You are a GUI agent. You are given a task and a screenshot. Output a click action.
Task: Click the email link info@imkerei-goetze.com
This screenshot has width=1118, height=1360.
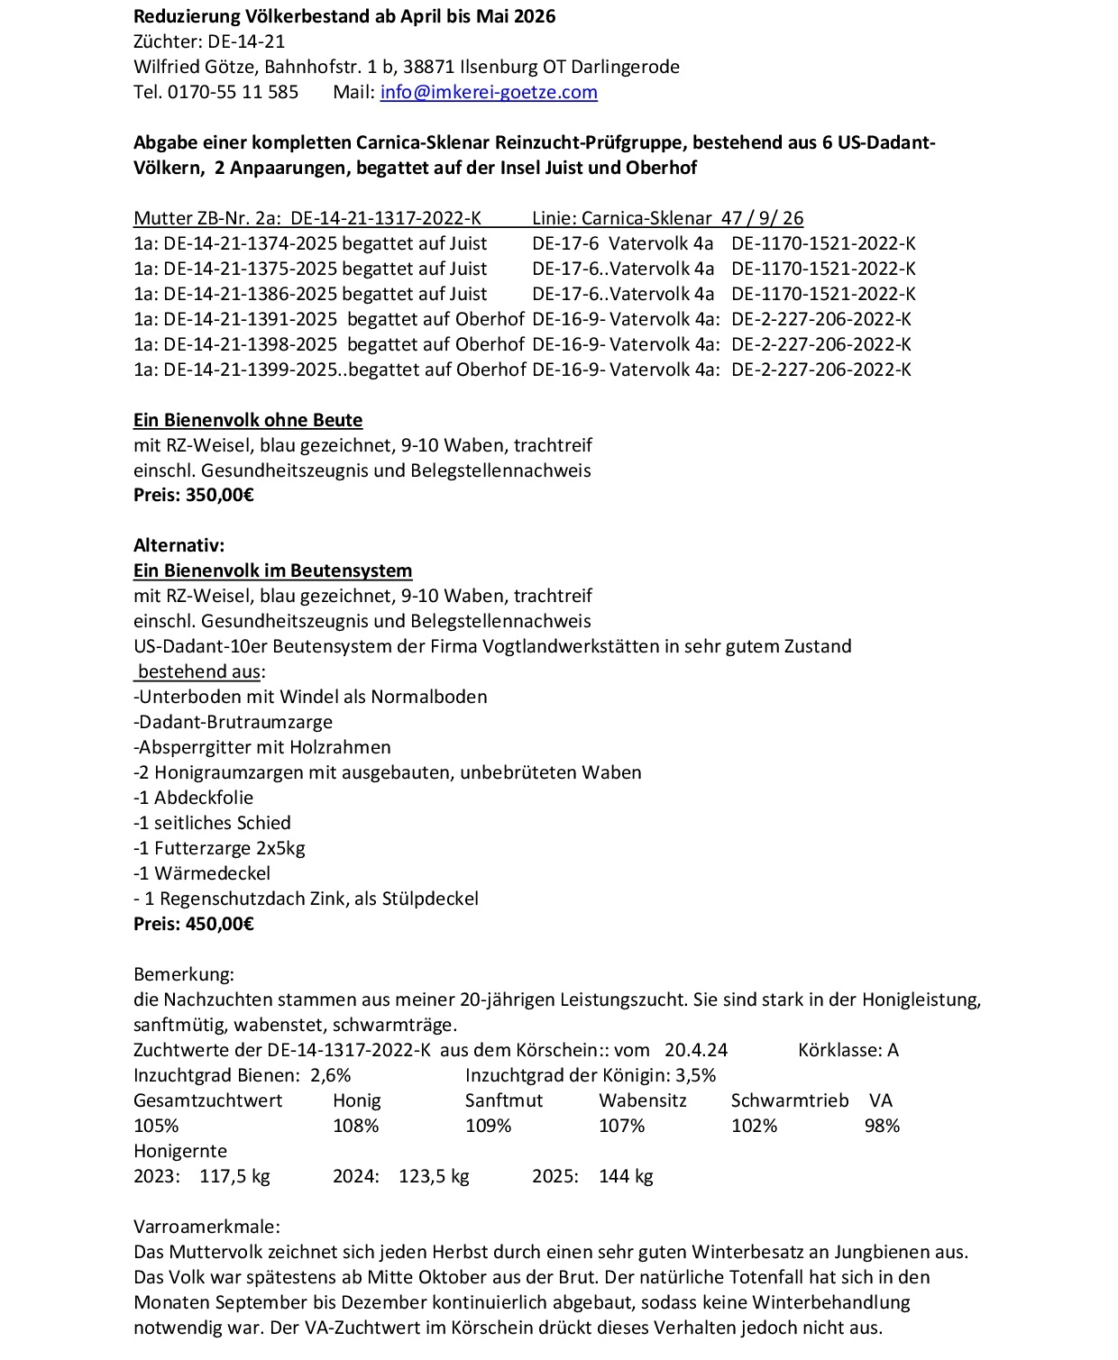(489, 92)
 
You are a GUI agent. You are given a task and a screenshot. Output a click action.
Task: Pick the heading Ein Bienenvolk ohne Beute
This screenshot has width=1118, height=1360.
(248, 420)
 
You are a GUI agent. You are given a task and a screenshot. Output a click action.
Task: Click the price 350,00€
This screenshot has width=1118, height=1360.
(220, 495)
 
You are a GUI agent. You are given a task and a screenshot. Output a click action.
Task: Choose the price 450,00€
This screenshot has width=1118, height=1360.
(220, 924)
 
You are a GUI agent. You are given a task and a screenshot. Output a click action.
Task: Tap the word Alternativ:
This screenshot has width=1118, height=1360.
(179, 545)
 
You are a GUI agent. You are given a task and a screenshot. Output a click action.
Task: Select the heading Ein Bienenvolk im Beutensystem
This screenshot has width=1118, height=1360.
(272, 570)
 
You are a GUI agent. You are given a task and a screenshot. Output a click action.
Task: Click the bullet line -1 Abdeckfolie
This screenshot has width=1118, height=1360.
(194, 798)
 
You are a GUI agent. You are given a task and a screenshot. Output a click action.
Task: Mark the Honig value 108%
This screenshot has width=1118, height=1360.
(355, 1126)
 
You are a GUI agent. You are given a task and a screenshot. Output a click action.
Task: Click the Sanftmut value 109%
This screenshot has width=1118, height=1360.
(488, 1126)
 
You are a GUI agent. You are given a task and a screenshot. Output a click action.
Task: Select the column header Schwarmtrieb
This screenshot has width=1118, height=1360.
(789, 1100)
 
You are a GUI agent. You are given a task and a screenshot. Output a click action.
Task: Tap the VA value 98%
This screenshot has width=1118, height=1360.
(881, 1126)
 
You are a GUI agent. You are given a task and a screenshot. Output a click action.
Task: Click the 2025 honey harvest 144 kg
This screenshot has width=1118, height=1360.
(626, 1176)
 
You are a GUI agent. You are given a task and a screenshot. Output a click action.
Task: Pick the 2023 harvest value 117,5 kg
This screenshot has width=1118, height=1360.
(234, 1176)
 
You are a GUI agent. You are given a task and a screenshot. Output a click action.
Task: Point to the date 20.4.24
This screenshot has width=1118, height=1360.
(696, 1050)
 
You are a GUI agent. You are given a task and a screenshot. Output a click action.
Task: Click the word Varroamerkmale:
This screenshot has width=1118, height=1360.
(206, 1227)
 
